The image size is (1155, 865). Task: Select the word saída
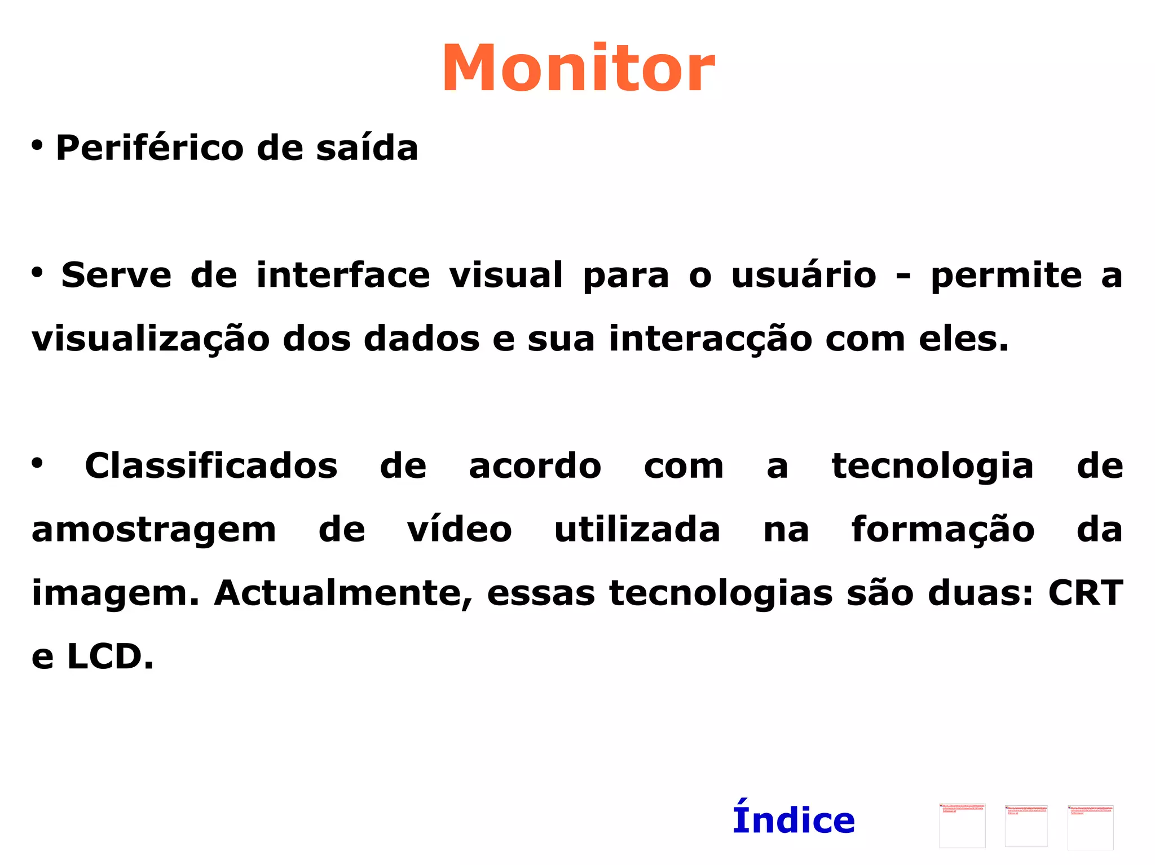coord(367,148)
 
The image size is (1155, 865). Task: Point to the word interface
coord(343,276)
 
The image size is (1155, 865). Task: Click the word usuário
coord(804,276)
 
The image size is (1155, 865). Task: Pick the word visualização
coord(151,340)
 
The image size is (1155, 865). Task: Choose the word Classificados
coord(211,467)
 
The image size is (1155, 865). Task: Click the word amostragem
coord(154,531)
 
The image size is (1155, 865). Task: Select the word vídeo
coord(459,530)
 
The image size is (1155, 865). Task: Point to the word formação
coord(943,531)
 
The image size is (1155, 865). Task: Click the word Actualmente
coord(343,594)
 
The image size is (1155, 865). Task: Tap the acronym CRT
coord(1086,593)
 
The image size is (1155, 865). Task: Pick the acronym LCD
coord(110,657)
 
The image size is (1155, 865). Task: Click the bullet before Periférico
coord(37,145)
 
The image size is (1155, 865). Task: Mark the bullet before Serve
coord(37,273)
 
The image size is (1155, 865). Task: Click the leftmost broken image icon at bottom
coord(962,826)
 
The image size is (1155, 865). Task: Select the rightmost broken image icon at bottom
coord(1090,827)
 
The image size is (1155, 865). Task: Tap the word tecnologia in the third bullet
coord(933,467)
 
